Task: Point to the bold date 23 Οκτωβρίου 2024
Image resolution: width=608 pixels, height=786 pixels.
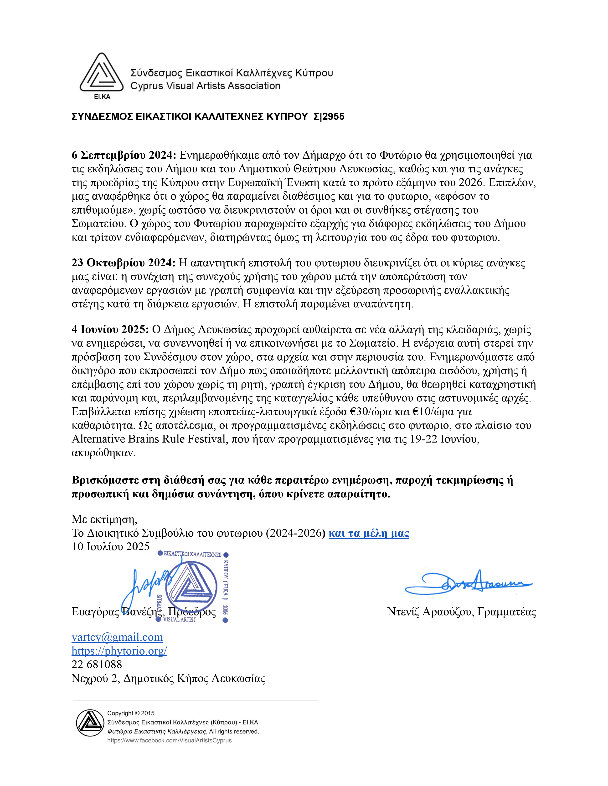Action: pos(124,263)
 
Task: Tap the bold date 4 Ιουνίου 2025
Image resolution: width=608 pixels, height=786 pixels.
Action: pos(110,330)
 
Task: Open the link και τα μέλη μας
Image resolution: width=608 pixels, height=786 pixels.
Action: pos(369,533)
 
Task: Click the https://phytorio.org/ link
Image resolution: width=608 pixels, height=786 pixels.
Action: pos(119,651)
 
